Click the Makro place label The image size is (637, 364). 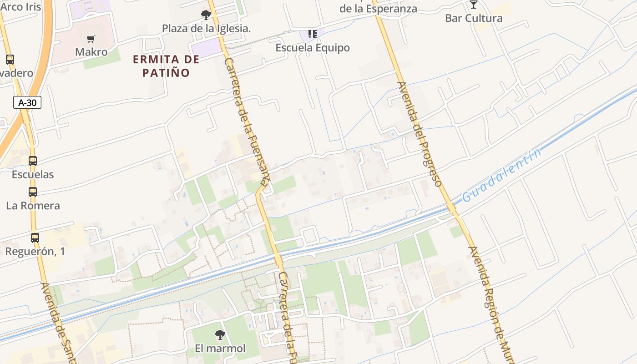coord(91,52)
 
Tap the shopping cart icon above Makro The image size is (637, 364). coord(91,39)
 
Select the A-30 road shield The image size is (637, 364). coord(27,103)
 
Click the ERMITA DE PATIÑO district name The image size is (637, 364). coord(166,66)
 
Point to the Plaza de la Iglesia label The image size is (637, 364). coord(207,28)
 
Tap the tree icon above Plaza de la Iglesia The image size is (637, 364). coord(206,15)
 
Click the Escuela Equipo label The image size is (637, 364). coord(313,48)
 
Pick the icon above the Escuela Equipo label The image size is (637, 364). coord(312,34)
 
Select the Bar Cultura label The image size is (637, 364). coord(474,18)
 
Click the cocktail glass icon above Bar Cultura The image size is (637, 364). coord(474,5)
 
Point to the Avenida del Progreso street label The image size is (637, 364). coord(420,134)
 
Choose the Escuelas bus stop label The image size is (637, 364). coord(33,174)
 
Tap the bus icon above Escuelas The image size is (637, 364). coord(33,161)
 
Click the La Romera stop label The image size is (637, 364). coord(33,206)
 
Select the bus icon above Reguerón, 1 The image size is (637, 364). coord(35,238)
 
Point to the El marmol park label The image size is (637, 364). coord(220,349)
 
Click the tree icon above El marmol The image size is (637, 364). coord(220,335)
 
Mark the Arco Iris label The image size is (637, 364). coord(20,7)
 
